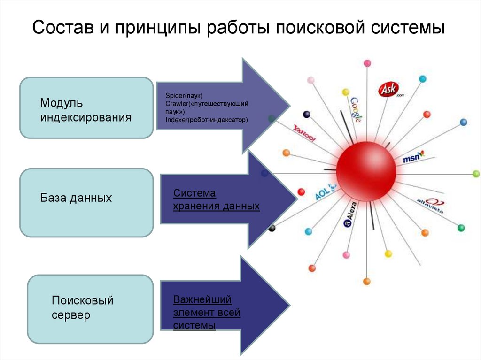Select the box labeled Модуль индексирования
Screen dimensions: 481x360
pos(86,108)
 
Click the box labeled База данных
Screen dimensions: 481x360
pos(86,202)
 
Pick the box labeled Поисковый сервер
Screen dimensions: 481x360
pos(90,308)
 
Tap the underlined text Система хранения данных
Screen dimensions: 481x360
pos(216,199)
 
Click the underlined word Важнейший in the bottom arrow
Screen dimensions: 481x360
pos(202,299)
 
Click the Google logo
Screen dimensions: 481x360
pos(356,110)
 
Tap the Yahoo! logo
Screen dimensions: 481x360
pos(304,133)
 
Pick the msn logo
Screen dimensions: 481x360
pos(413,157)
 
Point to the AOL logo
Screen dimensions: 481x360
pos(326,191)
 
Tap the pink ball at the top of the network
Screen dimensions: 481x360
pos(367,63)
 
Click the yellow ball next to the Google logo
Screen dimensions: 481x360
pos(346,92)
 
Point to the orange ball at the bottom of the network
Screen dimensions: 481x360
pos(367,282)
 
